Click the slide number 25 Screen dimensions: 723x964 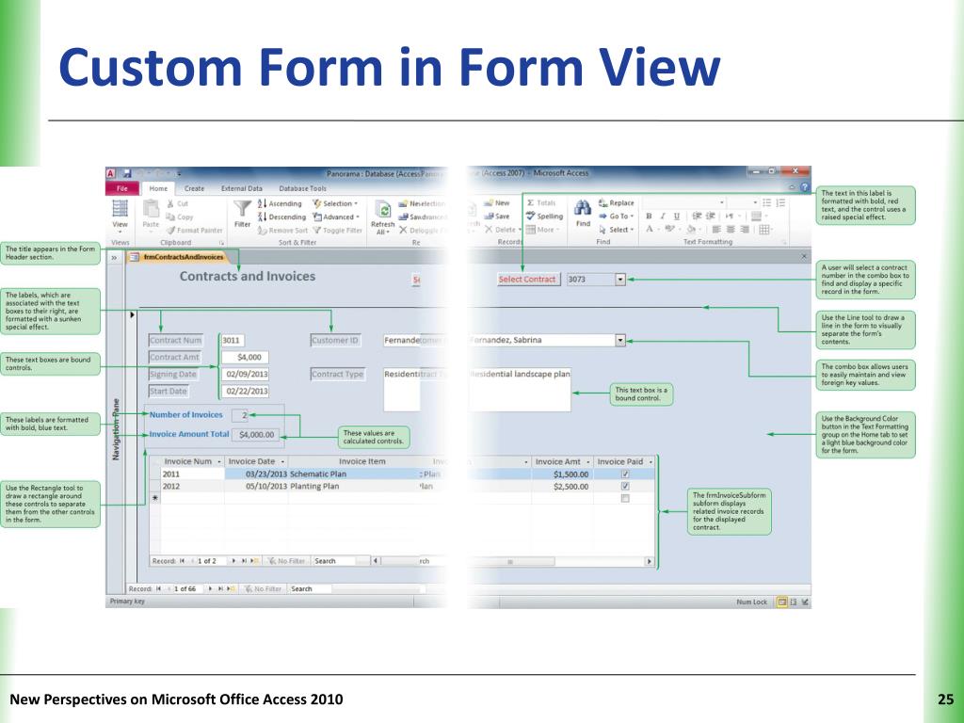pos(946,699)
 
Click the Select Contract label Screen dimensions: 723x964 pos(528,279)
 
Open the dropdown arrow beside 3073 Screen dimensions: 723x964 pos(619,279)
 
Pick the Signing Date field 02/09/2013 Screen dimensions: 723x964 pos(246,374)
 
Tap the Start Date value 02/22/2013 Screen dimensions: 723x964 pos(246,391)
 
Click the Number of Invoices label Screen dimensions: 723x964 pos(186,414)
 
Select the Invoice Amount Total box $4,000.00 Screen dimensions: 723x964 pos(256,435)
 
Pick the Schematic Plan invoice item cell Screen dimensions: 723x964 pos(318,474)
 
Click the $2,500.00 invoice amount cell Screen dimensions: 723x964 pos(563,487)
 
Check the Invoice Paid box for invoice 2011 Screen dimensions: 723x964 pos(625,474)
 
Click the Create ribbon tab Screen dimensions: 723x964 pos(194,188)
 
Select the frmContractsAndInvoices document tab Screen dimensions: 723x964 pos(183,256)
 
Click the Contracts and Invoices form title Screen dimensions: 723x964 pos(248,277)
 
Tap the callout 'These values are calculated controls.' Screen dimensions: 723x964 pos(371,437)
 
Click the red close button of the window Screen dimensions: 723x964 pos(796,172)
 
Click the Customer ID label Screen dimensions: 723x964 pos(335,340)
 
